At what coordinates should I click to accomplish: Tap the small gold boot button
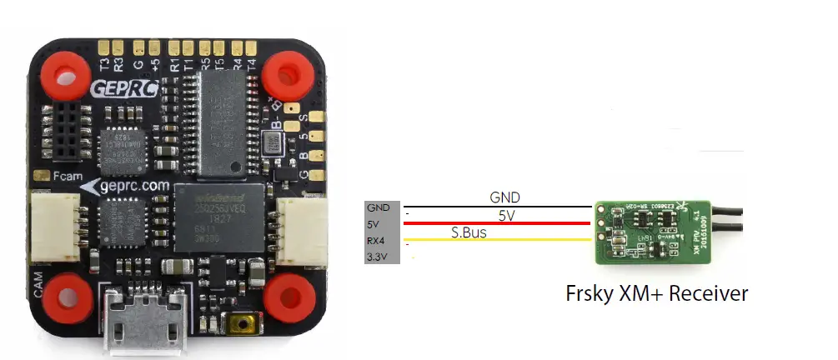tap(246, 322)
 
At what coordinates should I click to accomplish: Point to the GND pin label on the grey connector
tap(378, 208)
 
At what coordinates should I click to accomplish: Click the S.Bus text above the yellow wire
tap(469, 232)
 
